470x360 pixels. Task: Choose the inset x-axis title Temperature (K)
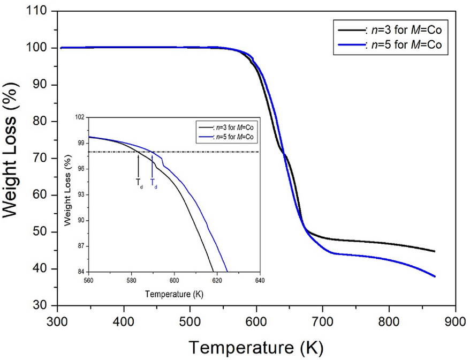(x=175, y=294)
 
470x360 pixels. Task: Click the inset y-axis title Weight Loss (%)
(x=68, y=195)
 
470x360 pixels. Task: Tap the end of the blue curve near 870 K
(x=435, y=276)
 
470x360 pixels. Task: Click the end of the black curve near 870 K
(x=435, y=251)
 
